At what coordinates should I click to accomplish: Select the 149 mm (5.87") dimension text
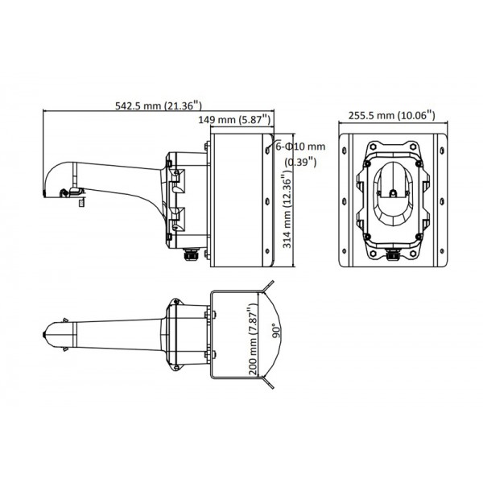coord(234,120)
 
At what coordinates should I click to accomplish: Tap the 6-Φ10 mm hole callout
coord(300,147)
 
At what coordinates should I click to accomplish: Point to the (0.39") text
coord(300,162)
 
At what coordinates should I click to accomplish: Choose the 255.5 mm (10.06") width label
coord(392,115)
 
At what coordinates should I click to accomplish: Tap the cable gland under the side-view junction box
coord(192,257)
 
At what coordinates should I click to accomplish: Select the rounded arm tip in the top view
coord(49,334)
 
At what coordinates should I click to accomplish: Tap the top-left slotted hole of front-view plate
coord(346,149)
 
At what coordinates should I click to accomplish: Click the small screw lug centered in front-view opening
coord(392,193)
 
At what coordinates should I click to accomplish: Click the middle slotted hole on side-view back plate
coord(266,202)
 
